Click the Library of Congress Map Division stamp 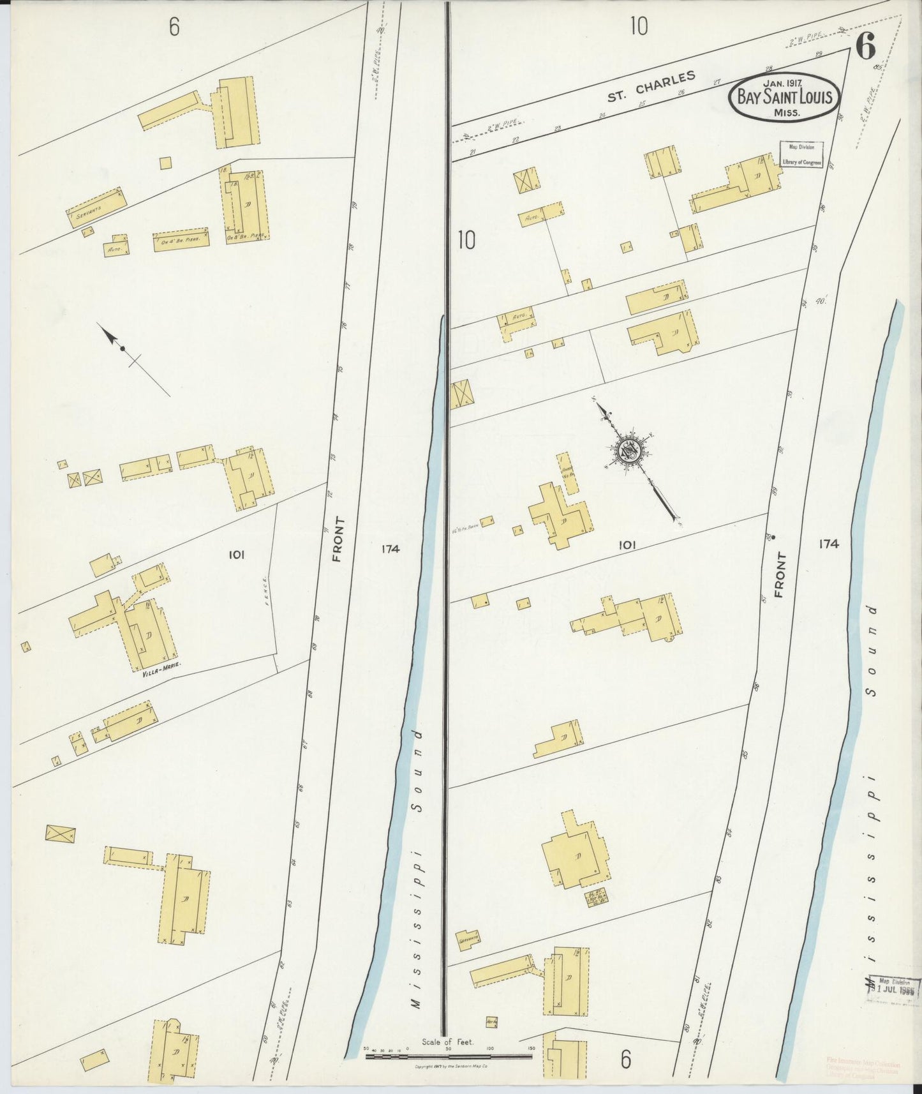[801, 155]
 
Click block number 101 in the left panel [235, 555]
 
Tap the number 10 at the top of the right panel [638, 26]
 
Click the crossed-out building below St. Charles [526, 180]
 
